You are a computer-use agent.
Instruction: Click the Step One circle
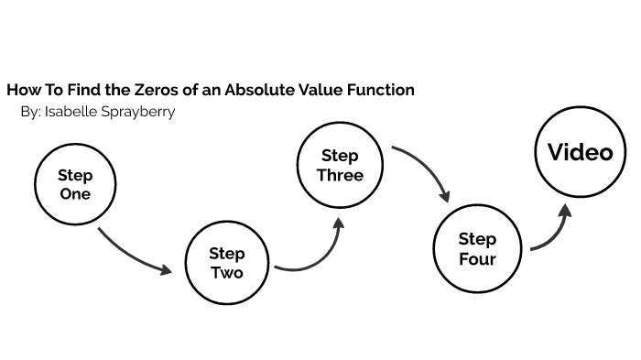(x=75, y=183)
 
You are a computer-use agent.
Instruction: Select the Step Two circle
(x=227, y=263)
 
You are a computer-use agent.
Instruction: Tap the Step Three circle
(x=340, y=165)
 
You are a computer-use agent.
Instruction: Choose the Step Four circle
(x=477, y=248)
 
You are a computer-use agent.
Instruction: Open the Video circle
(x=580, y=152)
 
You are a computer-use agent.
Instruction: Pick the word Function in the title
(x=382, y=90)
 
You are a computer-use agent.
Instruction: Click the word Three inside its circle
(x=340, y=175)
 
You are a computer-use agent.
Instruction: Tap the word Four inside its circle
(x=477, y=258)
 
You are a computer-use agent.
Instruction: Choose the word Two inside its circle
(x=227, y=273)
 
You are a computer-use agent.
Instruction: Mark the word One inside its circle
(x=75, y=193)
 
